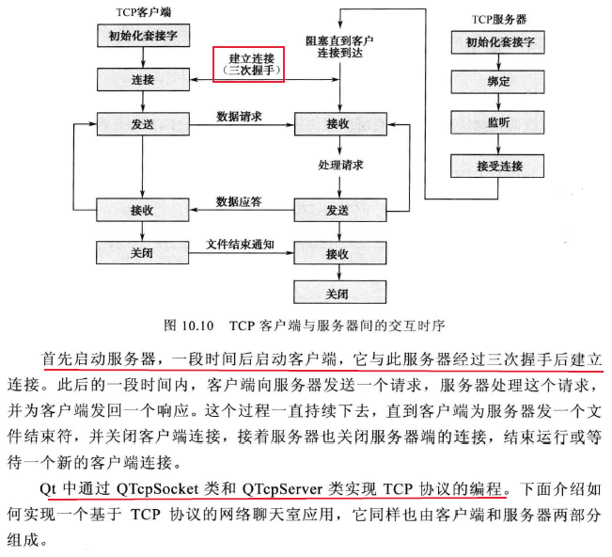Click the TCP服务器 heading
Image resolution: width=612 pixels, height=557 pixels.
[497, 19]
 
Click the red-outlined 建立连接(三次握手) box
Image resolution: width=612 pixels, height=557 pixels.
[247, 65]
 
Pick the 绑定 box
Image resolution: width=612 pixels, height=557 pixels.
[498, 82]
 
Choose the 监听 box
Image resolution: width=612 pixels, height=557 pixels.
[498, 123]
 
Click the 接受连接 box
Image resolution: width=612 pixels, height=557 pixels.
[498, 166]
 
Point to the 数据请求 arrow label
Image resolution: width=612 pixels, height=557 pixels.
[239, 117]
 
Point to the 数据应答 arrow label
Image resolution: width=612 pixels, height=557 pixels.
[239, 201]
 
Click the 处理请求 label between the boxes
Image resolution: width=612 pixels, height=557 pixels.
[340, 166]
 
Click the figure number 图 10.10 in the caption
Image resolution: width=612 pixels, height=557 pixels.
[184, 326]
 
